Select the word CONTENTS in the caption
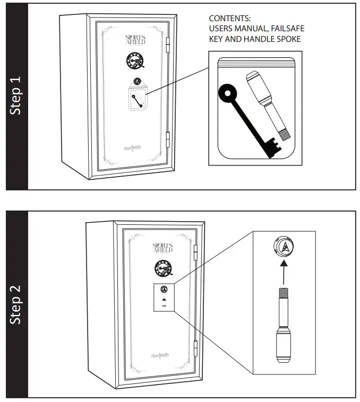229,19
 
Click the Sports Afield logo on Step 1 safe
134,40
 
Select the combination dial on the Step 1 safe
134,62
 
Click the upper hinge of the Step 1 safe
169,46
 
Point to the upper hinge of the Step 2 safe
197,252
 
